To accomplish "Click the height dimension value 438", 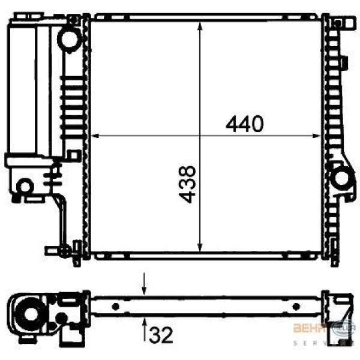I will pyautogui.click(x=188, y=184).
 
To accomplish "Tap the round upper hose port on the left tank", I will pyautogui.click(x=68, y=40).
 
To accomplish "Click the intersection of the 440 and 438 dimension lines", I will pyautogui.click(x=200, y=136).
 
